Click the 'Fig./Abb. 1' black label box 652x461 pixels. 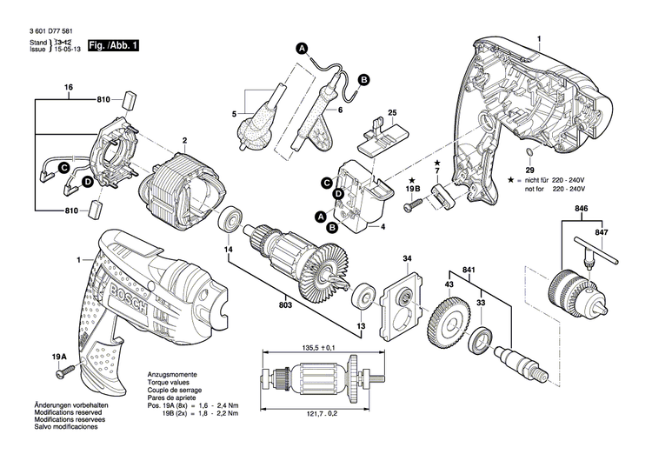113,44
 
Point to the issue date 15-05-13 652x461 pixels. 69,50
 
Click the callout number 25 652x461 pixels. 392,113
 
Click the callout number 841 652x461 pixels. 469,270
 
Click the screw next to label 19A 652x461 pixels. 63,374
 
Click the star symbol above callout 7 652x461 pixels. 436,164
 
